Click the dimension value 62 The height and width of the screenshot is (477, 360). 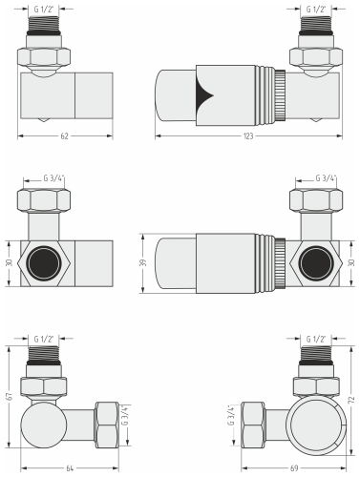pos(64,137)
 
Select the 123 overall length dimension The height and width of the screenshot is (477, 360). pos(247,137)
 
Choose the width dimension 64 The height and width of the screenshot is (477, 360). pos(71,467)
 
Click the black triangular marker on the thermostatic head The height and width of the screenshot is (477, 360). pos(204,93)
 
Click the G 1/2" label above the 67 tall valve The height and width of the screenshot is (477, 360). pos(44,339)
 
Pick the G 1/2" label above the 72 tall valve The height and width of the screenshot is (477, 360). pos(315,339)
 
